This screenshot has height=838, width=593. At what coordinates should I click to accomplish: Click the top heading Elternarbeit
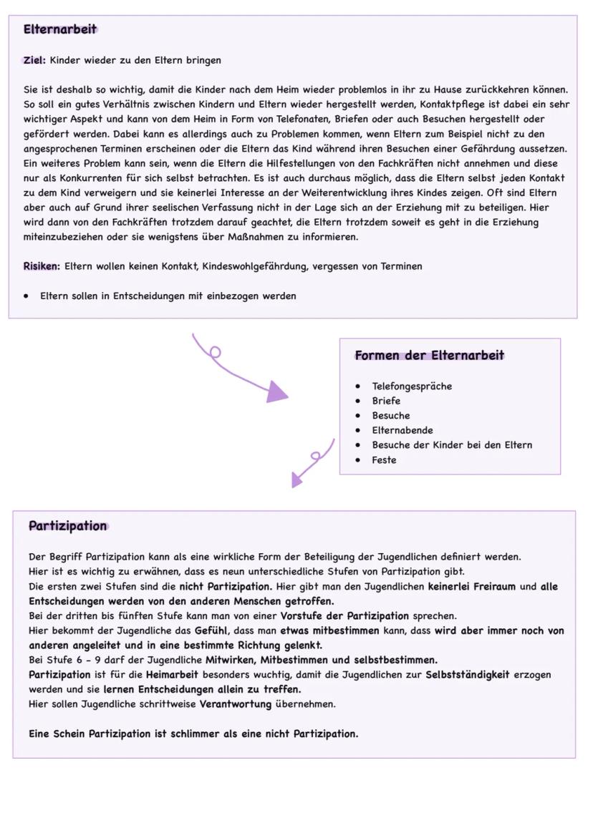coord(60,29)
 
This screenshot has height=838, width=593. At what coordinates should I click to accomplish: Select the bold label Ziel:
coord(34,60)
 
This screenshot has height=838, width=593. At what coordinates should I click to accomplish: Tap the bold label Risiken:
coord(42,266)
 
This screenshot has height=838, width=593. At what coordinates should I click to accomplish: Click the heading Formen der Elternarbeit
coord(430,356)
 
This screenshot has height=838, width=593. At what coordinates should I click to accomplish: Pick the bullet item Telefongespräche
coord(412,386)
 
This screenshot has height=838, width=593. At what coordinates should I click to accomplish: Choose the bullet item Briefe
coord(386,401)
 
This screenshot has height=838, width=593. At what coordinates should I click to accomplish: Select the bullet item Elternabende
coord(402,430)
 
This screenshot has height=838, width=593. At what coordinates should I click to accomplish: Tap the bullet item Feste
coord(384,460)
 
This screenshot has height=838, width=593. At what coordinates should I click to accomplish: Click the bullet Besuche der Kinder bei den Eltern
coord(452,445)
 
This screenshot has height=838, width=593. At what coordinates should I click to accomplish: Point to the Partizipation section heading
coord(68,526)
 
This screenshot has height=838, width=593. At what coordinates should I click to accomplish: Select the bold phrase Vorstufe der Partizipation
coord(344,615)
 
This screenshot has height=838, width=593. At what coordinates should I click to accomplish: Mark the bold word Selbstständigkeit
coord(468,674)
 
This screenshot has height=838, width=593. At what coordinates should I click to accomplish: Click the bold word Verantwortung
coord(236,704)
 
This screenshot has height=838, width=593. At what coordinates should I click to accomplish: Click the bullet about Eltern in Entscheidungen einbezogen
coord(168,296)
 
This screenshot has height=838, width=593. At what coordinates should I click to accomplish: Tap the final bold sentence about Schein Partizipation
coord(193,734)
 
